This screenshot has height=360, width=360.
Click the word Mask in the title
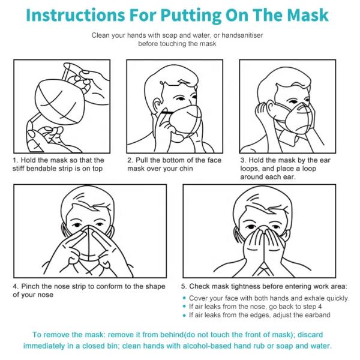click(x=308, y=15)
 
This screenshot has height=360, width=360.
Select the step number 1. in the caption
click(x=16, y=160)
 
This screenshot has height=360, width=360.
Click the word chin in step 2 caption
click(x=186, y=169)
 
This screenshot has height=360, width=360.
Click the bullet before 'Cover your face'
click(x=184, y=298)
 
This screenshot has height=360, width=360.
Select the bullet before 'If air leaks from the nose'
click(x=184, y=307)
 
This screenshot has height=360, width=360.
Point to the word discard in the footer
click(x=310, y=335)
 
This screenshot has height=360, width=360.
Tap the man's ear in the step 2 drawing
click(x=158, y=105)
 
